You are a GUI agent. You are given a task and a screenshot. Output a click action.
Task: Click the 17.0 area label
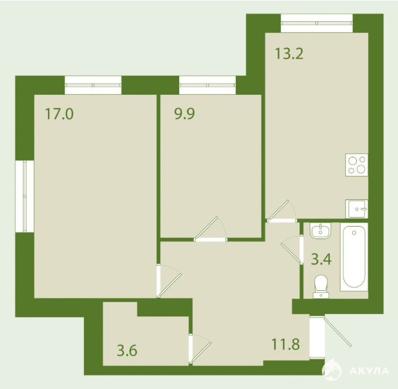[x=59, y=113]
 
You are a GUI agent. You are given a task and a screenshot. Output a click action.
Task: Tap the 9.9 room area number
[x=184, y=113]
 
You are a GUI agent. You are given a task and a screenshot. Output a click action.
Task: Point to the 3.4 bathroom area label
[x=321, y=259]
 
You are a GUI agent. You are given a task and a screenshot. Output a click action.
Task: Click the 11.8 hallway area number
[x=286, y=344]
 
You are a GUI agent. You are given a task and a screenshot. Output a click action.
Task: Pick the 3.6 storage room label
[x=127, y=351]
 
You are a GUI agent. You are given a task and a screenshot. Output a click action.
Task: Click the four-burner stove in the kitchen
[x=356, y=165]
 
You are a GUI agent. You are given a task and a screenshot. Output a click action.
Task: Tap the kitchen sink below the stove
[x=356, y=209]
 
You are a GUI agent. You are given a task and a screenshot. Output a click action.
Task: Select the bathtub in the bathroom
[x=354, y=257]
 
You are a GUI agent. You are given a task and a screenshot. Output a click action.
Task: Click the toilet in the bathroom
[x=321, y=286]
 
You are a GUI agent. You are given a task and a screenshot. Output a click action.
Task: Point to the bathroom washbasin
[x=321, y=231]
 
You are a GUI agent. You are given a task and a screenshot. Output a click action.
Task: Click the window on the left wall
[x=25, y=196]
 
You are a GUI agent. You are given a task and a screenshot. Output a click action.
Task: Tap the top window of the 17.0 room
[x=93, y=85]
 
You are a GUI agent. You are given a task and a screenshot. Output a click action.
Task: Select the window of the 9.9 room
[x=207, y=85]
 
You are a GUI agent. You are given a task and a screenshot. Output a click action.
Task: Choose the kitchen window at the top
[x=317, y=23]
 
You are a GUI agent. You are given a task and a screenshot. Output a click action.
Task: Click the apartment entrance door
[x=330, y=337]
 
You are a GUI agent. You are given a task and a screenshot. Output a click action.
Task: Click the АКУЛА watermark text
[x=369, y=371]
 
